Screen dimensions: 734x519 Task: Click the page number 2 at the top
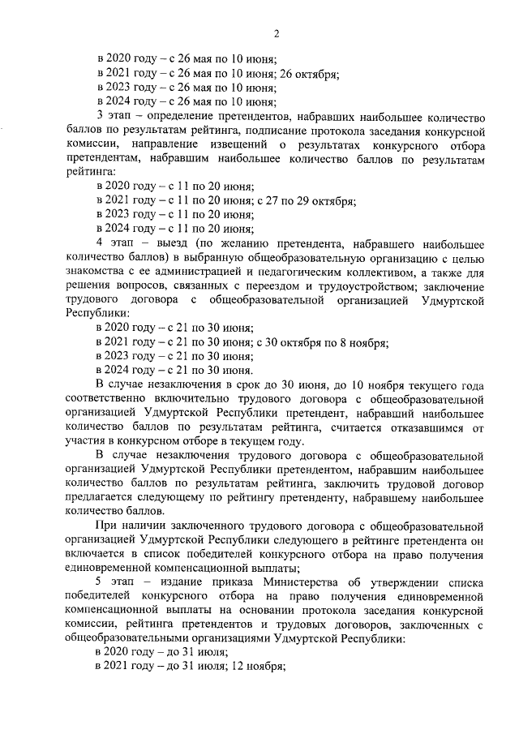276,32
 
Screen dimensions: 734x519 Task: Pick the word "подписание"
312,130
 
